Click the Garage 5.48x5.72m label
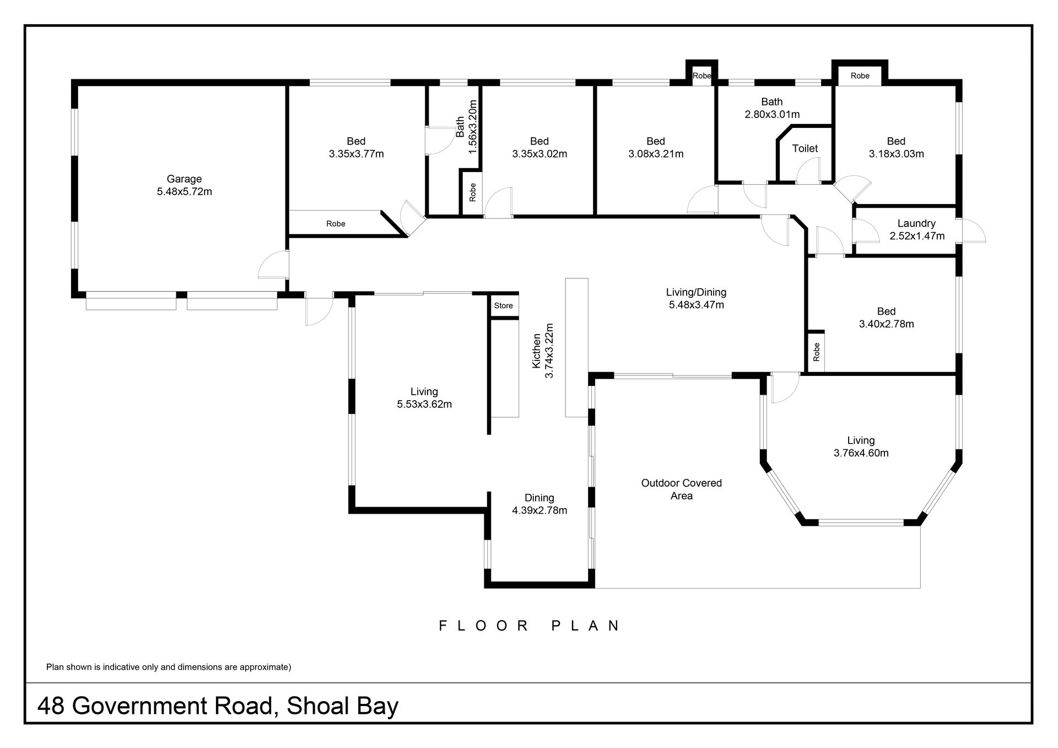pyautogui.click(x=184, y=185)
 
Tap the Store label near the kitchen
pyautogui.click(x=503, y=305)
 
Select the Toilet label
pyautogui.click(x=805, y=148)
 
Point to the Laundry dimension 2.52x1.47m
pyautogui.click(x=917, y=236)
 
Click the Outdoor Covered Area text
pyautogui.click(x=682, y=489)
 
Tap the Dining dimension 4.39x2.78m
pyautogui.click(x=539, y=510)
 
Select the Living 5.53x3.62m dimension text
pyautogui.click(x=424, y=404)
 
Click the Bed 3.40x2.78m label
pyautogui.click(x=886, y=318)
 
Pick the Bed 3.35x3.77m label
pyautogui.click(x=356, y=148)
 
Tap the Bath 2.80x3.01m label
pyautogui.click(x=772, y=108)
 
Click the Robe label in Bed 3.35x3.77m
pyautogui.click(x=336, y=224)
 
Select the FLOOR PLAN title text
pyautogui.click(x=530, y=626)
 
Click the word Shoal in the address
pyautogui.click(x=310, y=706)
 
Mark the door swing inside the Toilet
pyautogui.click(x=808, y=170)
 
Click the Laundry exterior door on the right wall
pyautogui.click(x=973, y=231)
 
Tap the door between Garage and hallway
pyautogui.click(x=273, y=264)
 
